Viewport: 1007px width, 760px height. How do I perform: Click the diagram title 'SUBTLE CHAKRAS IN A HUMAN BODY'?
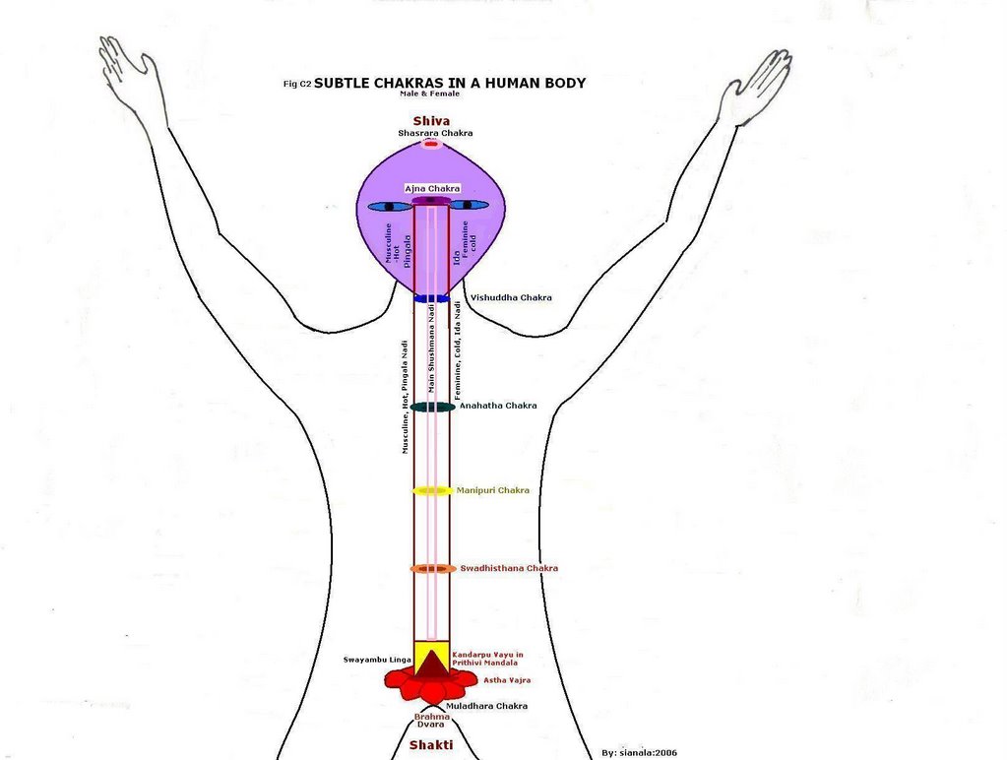click(x=449, y=83)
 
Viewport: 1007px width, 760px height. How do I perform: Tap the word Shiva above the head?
click(x=431, y=121)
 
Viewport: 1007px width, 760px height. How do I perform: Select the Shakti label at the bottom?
click(x=431, y=745)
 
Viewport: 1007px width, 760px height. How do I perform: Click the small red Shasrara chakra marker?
click(x=430, y=145)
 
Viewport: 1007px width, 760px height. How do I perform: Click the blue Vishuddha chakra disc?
click(x=431, y=297)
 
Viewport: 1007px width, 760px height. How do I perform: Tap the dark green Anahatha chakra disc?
click(x=431, y=407)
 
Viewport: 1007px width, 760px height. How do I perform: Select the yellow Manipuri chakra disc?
click(x=431, y=490)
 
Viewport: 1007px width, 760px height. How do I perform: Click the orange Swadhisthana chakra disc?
click(x=431, y=569)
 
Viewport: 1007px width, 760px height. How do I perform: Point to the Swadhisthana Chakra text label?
click(x=509, y=568)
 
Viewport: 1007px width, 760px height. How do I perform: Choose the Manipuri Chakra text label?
click(x=492, y=490)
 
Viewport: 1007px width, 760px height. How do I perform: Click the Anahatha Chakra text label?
click(x=498, y=406)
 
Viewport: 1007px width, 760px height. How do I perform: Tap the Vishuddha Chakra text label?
click(x=511, y=297)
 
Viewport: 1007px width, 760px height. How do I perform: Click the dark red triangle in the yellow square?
click(x=431, y=662)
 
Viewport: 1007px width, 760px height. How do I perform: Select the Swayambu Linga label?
click(x=376, y=659)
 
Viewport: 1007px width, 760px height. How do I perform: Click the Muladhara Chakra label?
click(x=486, y=706)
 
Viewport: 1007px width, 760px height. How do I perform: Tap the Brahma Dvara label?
click(x=430, y=721)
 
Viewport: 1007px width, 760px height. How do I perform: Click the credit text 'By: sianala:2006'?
click(x=639, y=753)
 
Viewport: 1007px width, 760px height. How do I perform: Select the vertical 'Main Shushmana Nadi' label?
click(x=432, y=349)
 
